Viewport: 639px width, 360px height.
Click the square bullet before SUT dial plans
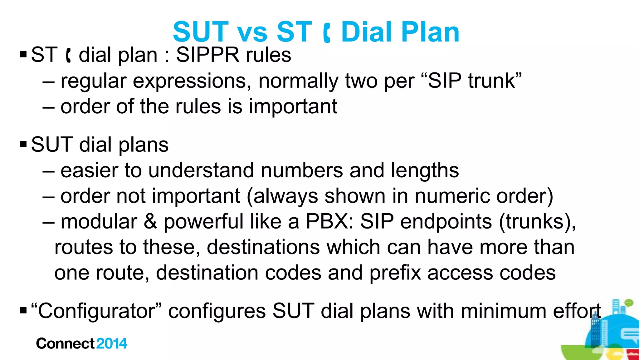pyautogui.click(x=23, y=145)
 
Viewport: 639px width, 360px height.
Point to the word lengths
pyautogui.click(x=425, y=171)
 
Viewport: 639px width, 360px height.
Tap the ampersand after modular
pyautogui.click(x=150, y=222)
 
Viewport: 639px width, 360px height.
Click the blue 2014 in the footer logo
pyautogui.click(x=112, y=344)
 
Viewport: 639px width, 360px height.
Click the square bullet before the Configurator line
pyautogui.click(x=23, y=311)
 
